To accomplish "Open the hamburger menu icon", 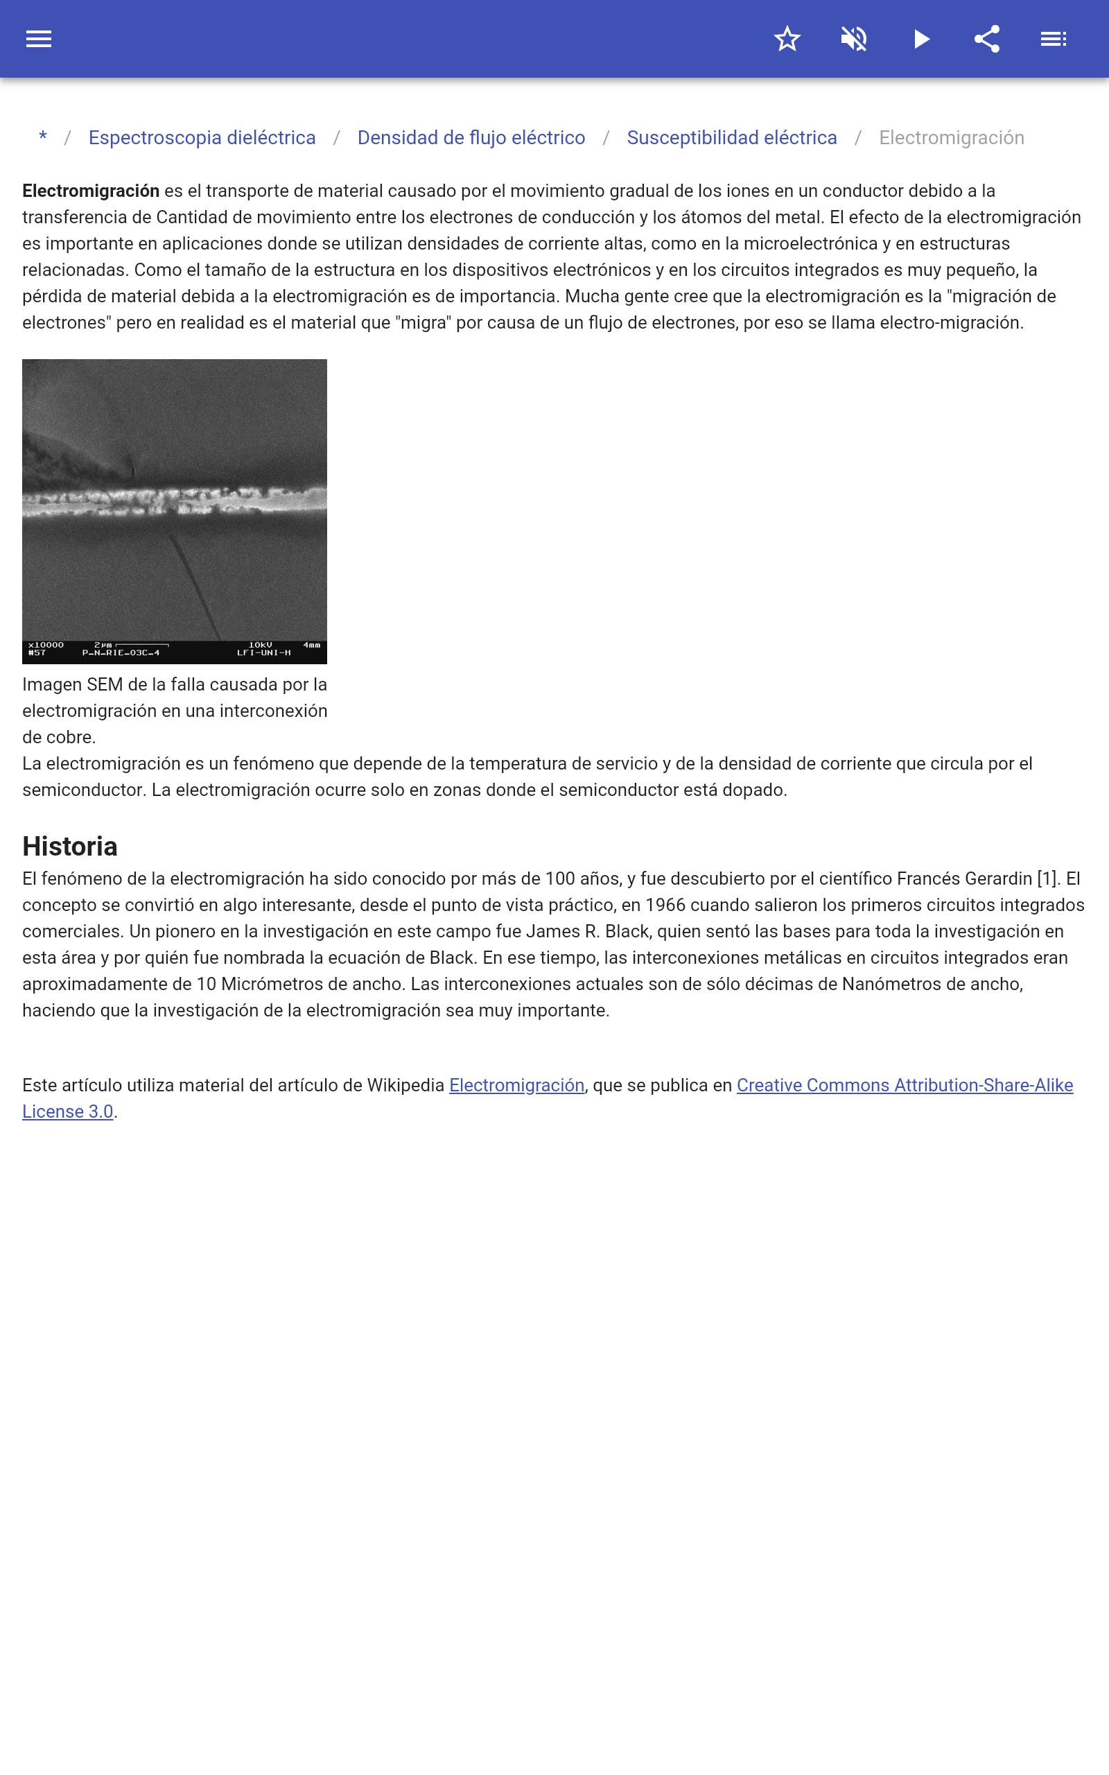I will [x=39, y=39].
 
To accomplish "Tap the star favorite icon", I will [x=787, y=39].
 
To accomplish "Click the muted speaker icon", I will [x=854, y=39].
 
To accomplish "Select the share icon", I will [x=987, y=39].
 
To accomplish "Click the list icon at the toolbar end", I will [x=1054, y=39].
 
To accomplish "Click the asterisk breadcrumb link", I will [x=43, y=138].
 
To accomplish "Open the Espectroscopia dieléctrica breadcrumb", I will [x=202, y=138].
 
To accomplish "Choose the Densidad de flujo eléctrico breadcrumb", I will [x=471, y=138].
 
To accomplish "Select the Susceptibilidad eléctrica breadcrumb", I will [x=731, y=138].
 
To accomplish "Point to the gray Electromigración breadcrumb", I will [x=951, y=138].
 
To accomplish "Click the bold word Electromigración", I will [x=91, y=191].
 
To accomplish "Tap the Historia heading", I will [x=70, y=847].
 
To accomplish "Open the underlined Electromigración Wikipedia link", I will [x=516, y=1086].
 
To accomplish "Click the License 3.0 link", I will [x=67, y=1112].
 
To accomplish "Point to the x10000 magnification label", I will [x=46, y=645].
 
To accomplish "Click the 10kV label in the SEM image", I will [x=261, y=645].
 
